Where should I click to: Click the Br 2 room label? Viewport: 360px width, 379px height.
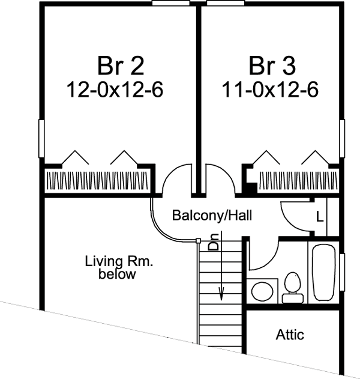coord(121,65)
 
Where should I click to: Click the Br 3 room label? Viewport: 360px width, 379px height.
coord(272,65)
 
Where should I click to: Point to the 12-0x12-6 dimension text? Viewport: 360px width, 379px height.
coord(115,89)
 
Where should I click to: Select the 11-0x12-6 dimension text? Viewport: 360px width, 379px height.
coord(270,89)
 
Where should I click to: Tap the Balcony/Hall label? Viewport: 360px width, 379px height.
coord(212,215)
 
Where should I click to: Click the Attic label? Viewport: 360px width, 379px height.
coord(290,335)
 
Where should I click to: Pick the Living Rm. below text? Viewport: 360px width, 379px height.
coord(119,267)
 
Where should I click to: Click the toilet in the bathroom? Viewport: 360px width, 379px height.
coord(293,288)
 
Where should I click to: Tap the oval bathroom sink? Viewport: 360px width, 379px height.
coord(262,291)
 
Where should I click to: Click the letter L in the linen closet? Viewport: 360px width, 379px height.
coord(319,217)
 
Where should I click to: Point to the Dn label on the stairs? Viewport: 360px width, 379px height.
coord(214,241)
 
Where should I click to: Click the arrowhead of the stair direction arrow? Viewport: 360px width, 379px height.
coord(221,294)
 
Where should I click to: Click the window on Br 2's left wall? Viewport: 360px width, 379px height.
coord(41,139)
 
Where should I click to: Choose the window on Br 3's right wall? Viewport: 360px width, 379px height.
coord(342,139)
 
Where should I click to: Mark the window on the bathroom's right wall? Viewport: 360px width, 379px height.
coord(342,272)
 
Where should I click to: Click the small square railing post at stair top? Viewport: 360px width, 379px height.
coord(198,240)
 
